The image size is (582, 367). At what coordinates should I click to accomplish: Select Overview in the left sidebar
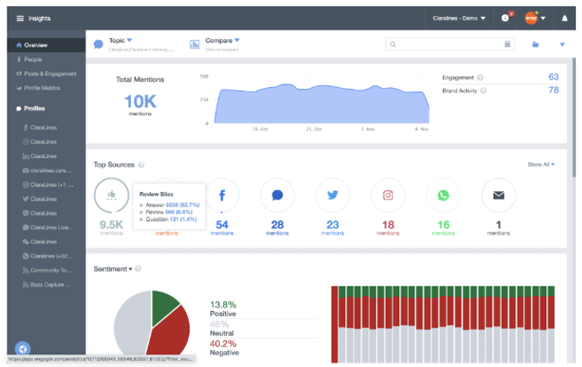pos(36,45)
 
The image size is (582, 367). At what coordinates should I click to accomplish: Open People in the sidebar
pos(33,59)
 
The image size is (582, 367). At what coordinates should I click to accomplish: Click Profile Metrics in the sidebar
pos(42,88)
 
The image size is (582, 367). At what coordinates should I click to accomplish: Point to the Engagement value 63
pos(553,78)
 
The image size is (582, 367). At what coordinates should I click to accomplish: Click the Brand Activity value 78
pos(553,90)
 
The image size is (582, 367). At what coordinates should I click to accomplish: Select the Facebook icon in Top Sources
pos(222,195)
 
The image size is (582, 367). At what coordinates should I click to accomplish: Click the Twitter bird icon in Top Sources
pos(332,195)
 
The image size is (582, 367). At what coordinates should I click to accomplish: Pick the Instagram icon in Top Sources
pos(388,195)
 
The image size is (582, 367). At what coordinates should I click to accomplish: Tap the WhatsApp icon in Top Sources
pos(443,195)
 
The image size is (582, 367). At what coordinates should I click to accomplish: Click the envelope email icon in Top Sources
pos(498,195)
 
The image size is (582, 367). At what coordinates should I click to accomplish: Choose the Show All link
pos(541,164)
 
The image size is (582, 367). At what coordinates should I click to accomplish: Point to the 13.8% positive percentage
pos(222,304)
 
